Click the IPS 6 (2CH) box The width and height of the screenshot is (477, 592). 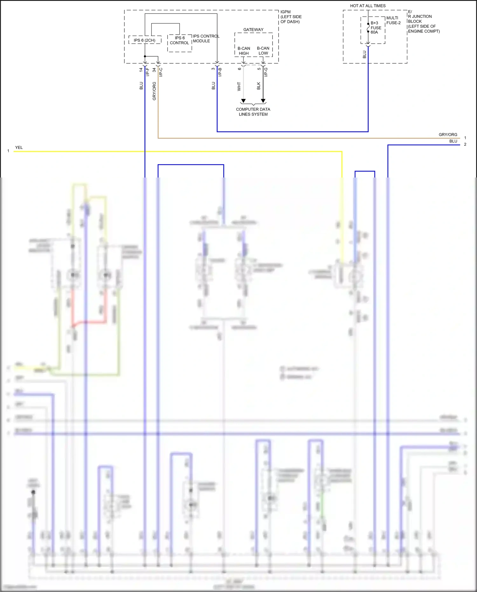click(x=145, y=40)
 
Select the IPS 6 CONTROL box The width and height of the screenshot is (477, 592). click(x=179, y=43)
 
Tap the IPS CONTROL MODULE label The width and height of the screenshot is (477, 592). click(x=206, y=38)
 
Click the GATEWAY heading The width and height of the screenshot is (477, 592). click(x=253, y=30)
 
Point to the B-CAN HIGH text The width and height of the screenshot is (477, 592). click(x=244, y=51)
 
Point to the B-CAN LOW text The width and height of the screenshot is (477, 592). click(x=263, y=51)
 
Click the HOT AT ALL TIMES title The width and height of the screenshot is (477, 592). click(x=368, y=6)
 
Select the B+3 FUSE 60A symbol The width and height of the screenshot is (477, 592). click(x=368, y=28)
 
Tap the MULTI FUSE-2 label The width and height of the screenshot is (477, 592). click(x=393, y=20)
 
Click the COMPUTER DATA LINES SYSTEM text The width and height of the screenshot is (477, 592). click(x=253, y=112)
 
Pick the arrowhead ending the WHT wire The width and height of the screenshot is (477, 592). click(x=243, y=101)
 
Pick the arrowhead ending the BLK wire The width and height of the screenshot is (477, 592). click(x=263, y=101)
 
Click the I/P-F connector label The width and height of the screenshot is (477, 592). click(x=148, y=72)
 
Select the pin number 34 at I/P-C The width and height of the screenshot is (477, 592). click(x=154, y=70)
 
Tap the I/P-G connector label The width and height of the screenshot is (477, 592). click(x=266, y=72)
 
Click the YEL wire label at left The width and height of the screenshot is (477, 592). click(x=19, y=148)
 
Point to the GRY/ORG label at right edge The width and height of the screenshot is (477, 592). click(x=448, y=135)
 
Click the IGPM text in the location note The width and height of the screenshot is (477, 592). click(x=286, y=12)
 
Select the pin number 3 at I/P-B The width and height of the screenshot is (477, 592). click(x=213, y=69)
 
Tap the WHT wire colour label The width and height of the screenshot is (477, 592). click(x=239, y=86)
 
